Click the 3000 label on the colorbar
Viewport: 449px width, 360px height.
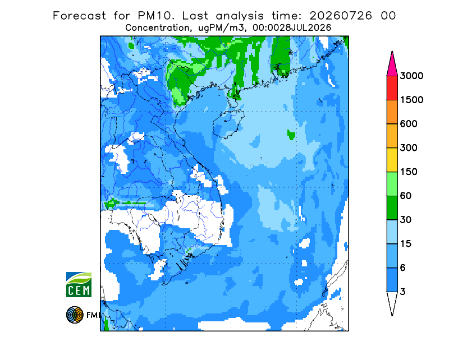[411, 76]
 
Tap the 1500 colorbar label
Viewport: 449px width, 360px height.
[411, 100]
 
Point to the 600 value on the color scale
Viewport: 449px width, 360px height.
[409, 124]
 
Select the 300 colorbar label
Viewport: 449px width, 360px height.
[409, 148]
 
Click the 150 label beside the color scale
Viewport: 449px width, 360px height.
[409, 172]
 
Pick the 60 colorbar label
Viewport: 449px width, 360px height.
[405, 196]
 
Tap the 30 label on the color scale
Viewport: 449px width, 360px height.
[405, 220]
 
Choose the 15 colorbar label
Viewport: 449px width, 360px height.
[405, 244]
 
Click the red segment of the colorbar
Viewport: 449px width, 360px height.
[392, 88]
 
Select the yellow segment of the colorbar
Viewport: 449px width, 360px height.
[392, 160]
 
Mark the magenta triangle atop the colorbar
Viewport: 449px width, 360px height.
[392, 66]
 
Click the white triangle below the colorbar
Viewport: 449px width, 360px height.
[392, 302]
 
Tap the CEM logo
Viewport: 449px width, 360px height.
[79, 284]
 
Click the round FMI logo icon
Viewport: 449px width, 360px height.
[75, 315]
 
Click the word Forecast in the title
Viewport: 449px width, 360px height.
[79, 16]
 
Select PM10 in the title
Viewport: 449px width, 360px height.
[156, 16]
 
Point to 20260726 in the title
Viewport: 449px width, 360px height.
[341, 16]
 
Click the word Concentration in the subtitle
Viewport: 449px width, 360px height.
[157, 28]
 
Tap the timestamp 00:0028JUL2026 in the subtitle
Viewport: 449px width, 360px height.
[292, 28]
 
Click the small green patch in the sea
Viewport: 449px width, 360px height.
[291, 134]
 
